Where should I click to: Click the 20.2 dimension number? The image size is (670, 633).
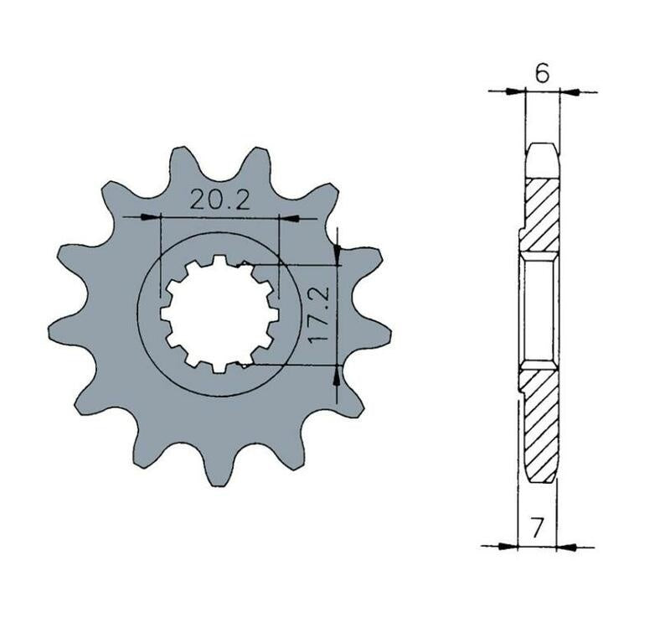pyautogui.click(x=219, y=199)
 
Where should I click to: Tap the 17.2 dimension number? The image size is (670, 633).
pyautogui.click(x=319, y=314)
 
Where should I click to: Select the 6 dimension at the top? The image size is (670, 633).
pyautogui.click(x=542, y=74)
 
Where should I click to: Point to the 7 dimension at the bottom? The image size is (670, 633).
pyautogui.click(x=538, y=528)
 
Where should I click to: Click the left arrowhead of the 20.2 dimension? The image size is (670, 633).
pyautogui.click(x=150, y=217)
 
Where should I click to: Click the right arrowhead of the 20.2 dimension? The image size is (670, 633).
pyautogui.click(x=287, y=219)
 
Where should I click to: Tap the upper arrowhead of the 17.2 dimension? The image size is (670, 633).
pyautogui.click(x=338, y=254)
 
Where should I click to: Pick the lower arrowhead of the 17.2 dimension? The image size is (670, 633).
pyautogui.click(x=338, y=375)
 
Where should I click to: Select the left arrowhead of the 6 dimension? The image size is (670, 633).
pyautogui.click(x=515, y=91)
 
